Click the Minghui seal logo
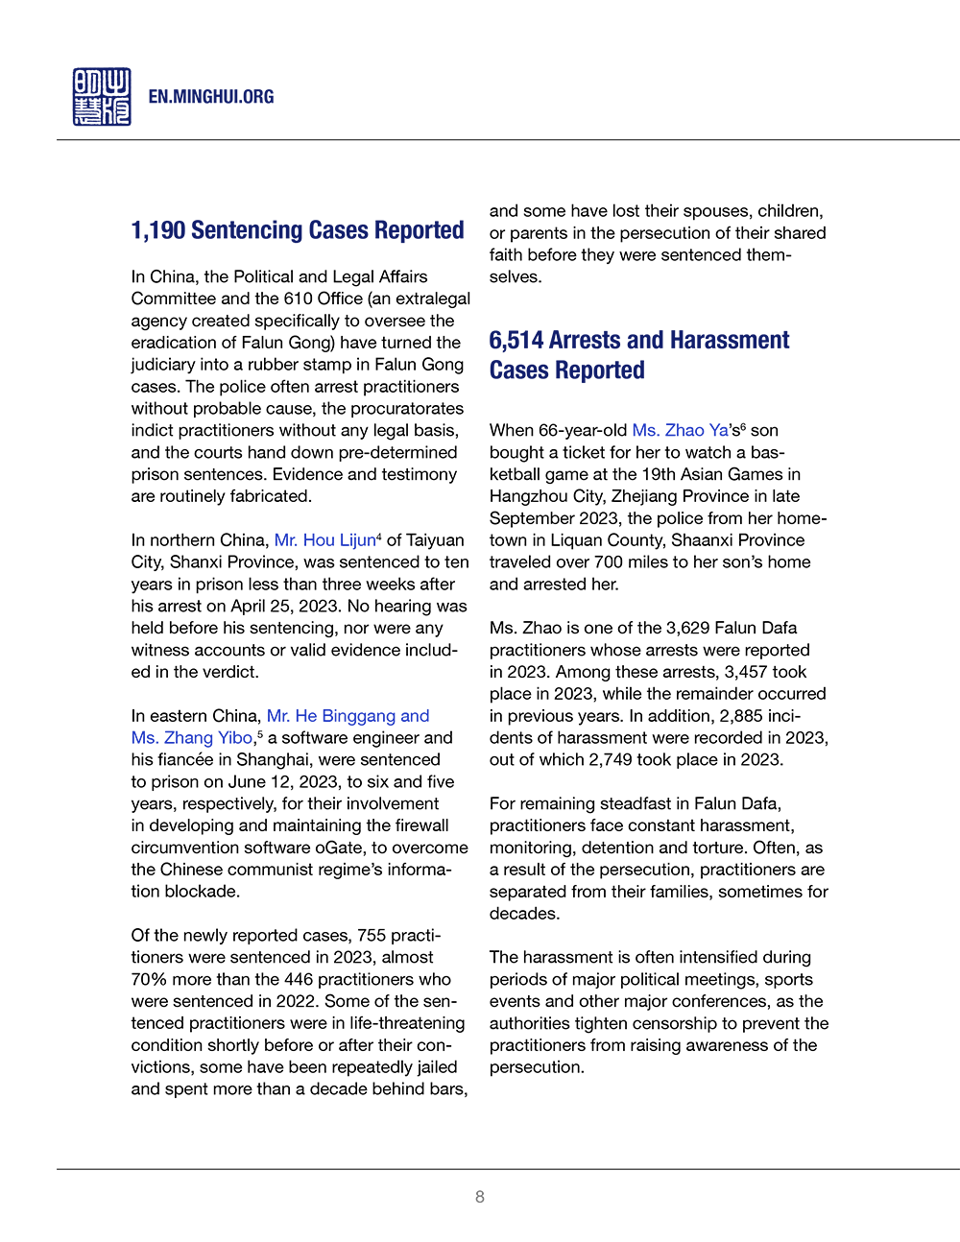pos(102,97)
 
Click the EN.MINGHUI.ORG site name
pos(211,97)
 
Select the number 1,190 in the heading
pos(158,231)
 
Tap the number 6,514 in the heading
pos(516,341)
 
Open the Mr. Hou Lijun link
pos(324,540)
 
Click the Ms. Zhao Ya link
pos(680,430)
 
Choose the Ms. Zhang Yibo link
pos(192,738)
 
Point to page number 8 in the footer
pos(480,1197)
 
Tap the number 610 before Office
pos(299,299)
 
